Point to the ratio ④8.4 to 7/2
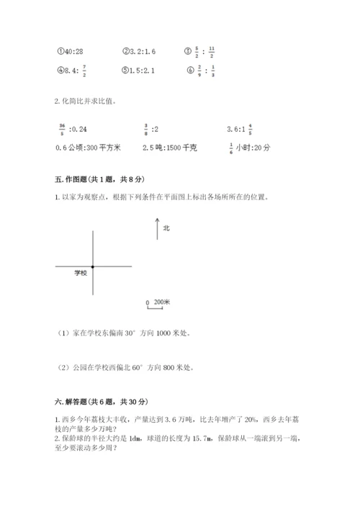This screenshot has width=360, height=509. click(x=70, y=71)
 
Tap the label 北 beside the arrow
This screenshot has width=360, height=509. click(x=166, y=228)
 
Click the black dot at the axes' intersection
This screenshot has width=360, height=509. click(x=92, y=266)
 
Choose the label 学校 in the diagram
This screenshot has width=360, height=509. click(x=81, y=274)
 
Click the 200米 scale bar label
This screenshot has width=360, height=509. click(x=161, y=303)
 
